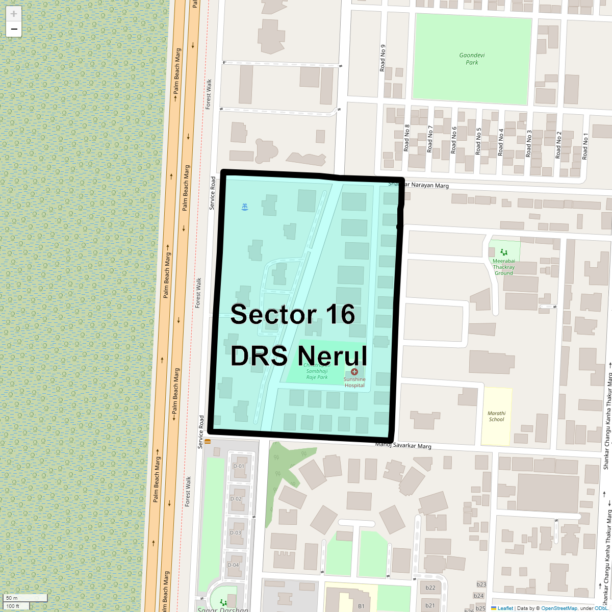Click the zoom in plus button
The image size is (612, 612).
(x=14, y=14)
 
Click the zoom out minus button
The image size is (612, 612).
(x=14, y=29)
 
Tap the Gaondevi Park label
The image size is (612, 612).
(x=472, y=59)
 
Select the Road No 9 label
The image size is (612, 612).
(x=382, y=58)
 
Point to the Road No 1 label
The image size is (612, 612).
(x=585, y=146)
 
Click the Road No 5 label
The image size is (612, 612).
(x=478, y=141)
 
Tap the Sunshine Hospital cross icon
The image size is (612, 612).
(x=354, y=372)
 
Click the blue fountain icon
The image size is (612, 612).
(x=245, y=207)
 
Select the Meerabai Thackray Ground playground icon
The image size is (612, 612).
(x=504, y=252)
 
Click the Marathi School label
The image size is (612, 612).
(x=496, y=416)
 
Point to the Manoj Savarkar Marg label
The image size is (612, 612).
(x=403, y=445)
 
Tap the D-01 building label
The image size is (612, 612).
(x=239, y=466)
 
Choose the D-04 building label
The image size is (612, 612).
(x=233, y=565)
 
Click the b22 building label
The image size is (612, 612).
(x=430, y=588)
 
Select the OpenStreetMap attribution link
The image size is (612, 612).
(x=559, y=608)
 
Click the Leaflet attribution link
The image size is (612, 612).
(x=505, y=608)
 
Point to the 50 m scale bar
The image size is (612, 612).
(x=18, y=598)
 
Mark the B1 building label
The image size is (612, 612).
(x=361, y=606)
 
